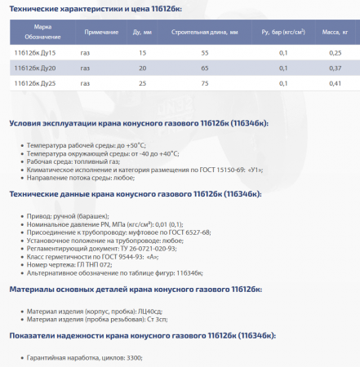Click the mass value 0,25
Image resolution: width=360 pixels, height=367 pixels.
click(335, 53)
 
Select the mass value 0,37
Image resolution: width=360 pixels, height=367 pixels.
click(335, 68)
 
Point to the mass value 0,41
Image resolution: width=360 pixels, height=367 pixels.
click(335, 83)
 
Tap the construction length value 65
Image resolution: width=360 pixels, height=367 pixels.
click(204, 68)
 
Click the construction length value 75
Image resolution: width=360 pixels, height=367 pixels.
click(204, 83)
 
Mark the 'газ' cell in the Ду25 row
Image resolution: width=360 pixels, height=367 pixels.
click(86, 83)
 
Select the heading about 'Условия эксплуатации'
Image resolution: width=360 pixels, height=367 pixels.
click(138, 123)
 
